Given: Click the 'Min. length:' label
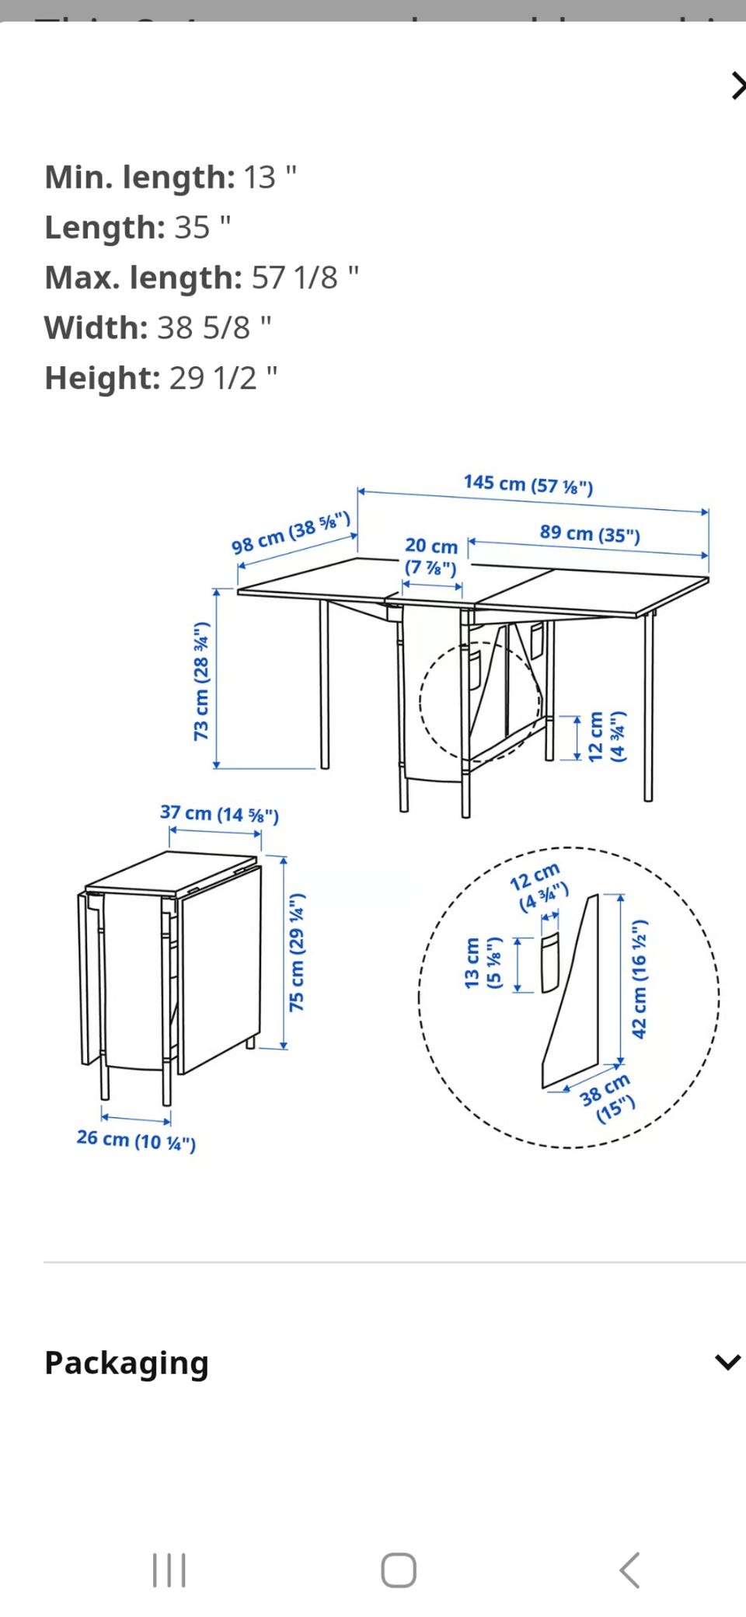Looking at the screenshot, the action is (140, 178).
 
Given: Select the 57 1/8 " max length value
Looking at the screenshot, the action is (305, 278).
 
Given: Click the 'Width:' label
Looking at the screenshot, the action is (96, 328).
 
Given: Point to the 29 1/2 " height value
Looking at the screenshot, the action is (223, 379).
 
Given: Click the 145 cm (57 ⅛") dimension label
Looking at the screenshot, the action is (528, 484).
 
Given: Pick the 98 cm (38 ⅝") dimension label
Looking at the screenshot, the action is (291, 533).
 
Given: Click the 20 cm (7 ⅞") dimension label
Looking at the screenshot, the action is (431, 557).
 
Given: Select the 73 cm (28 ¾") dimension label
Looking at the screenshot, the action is (201, 681).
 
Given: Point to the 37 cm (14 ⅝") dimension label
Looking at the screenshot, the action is (219, 814).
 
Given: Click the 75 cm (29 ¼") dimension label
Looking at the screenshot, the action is (297, 952).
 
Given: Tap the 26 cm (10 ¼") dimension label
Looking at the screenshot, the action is (136, 1140).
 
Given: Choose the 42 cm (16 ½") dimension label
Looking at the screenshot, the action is (639, 980).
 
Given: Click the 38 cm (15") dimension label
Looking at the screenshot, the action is (607, 1098).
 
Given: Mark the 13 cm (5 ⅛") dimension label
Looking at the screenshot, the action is (483, 962).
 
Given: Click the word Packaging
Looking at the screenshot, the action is (127, 1364).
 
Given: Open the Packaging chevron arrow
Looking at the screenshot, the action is (727, 1362).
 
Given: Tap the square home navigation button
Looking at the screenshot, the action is (399, 1570).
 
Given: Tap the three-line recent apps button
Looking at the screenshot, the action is (169, 1570).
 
